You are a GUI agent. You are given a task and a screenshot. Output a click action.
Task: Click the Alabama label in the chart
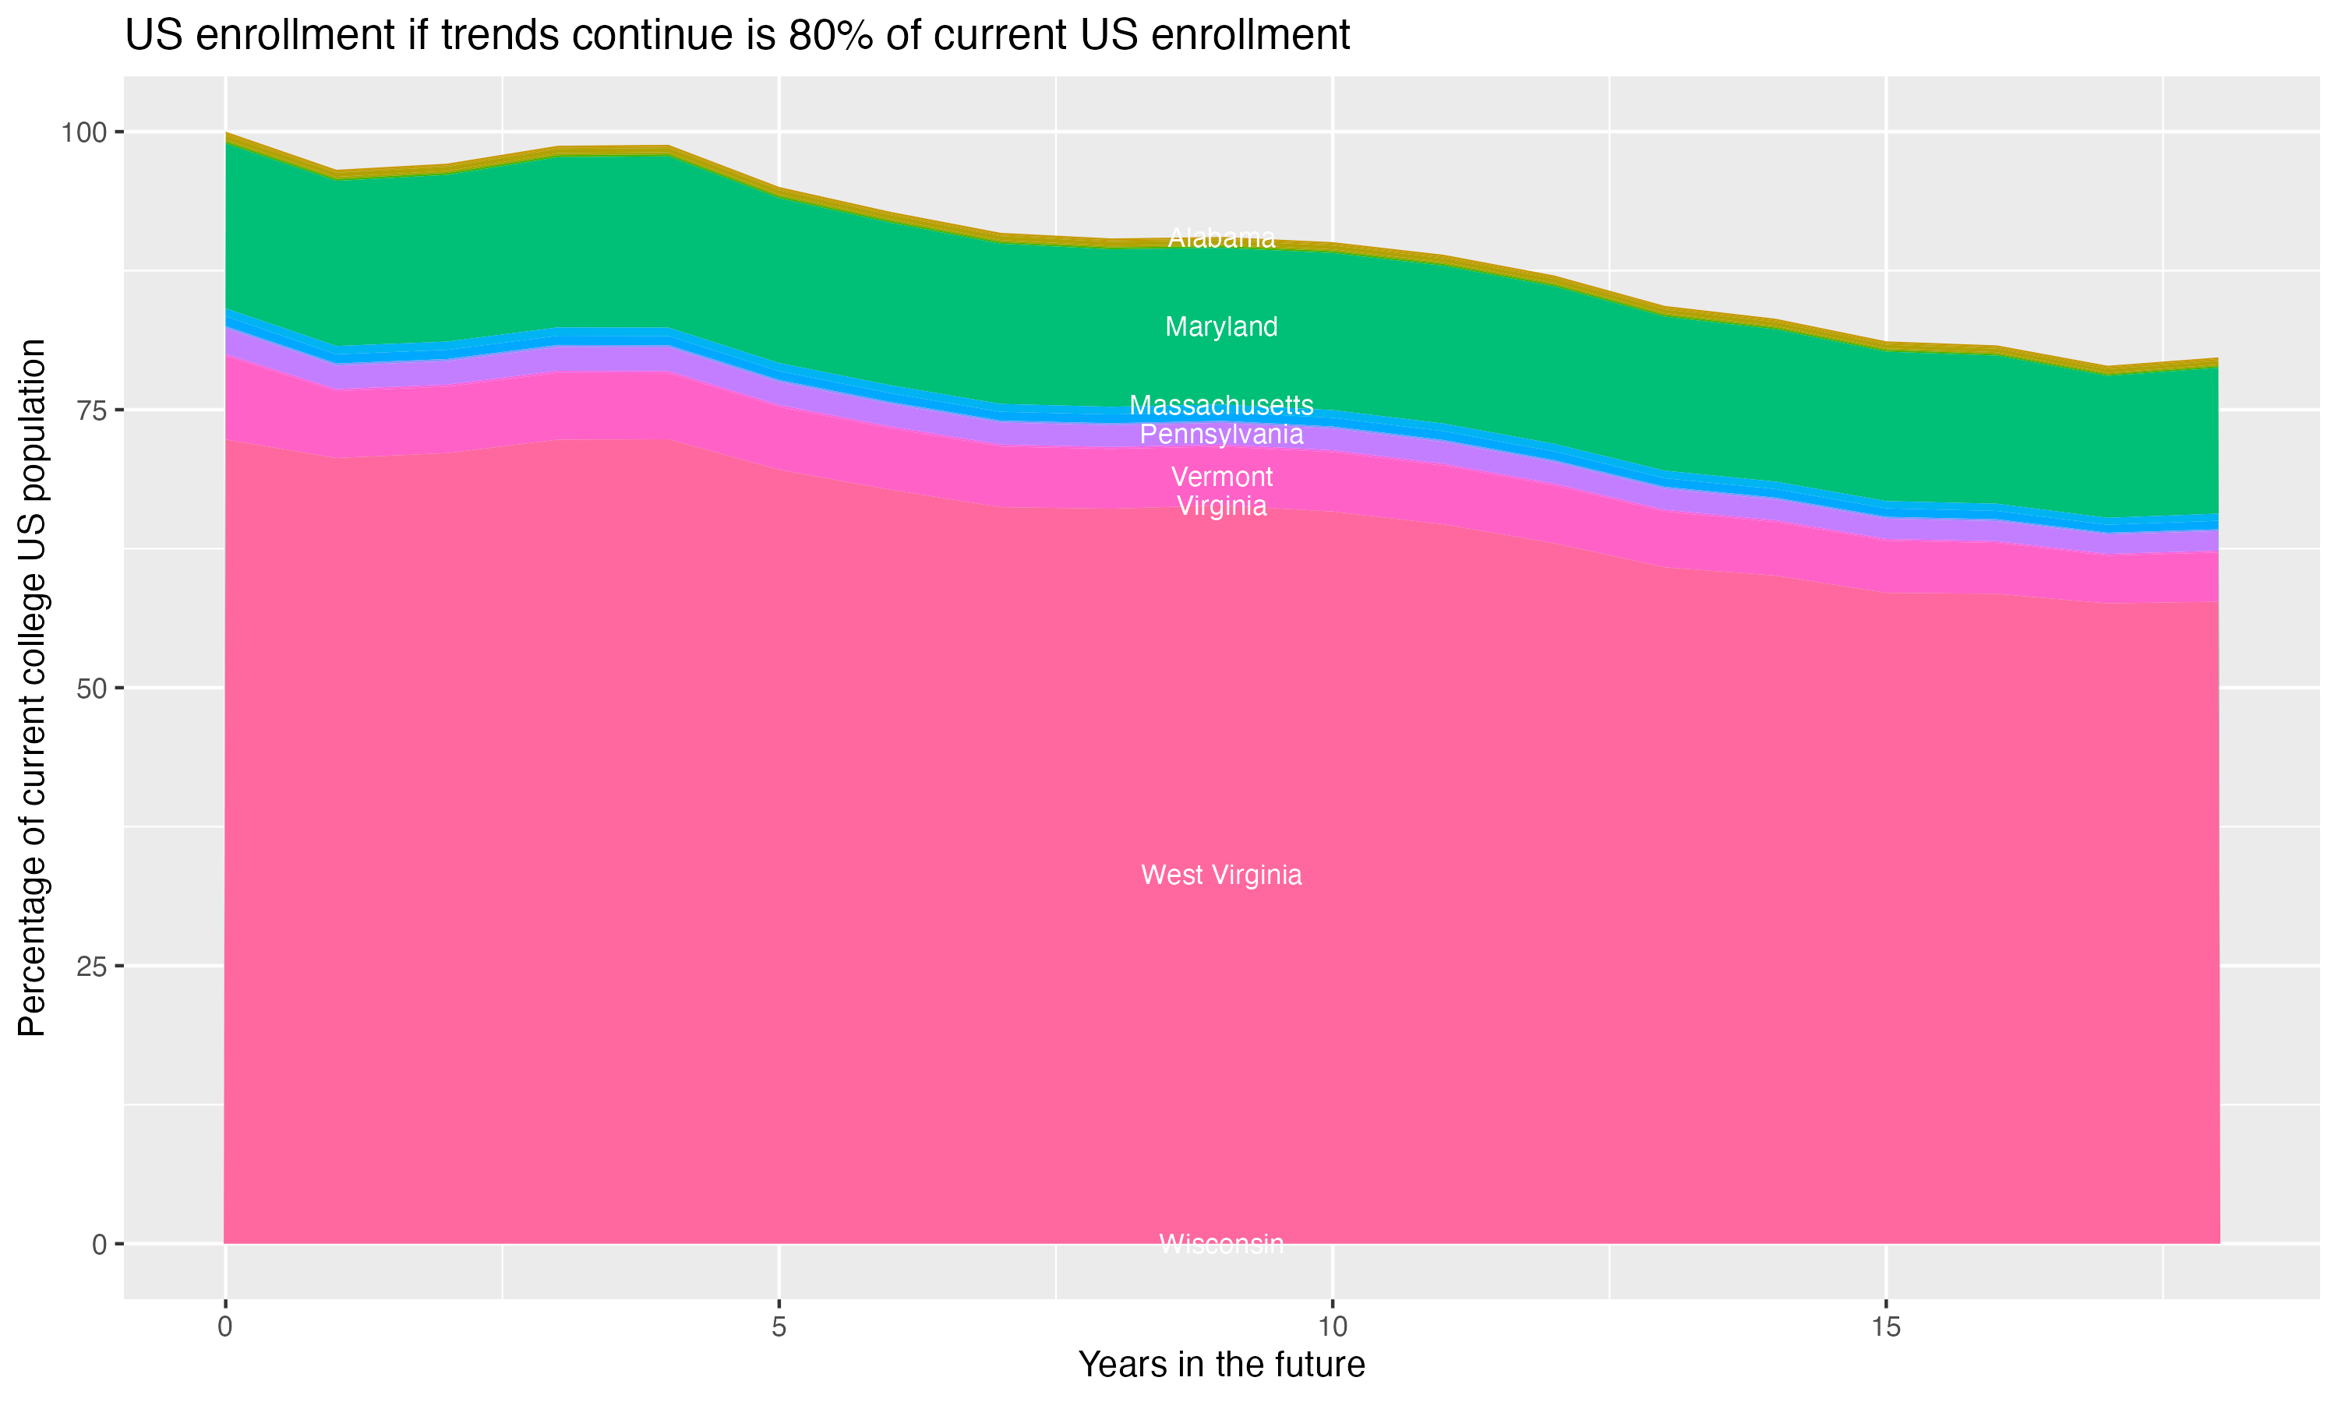click(x=1221, y=238)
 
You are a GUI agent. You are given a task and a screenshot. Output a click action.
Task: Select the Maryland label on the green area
click(x=1221, y=327)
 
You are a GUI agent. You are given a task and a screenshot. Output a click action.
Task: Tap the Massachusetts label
click(x=1221, y=405)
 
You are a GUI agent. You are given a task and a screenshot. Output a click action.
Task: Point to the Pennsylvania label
click(x=1221, y=435)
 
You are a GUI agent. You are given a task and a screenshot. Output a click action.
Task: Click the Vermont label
click(x=1221, y=477)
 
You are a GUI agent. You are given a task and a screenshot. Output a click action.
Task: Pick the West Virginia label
click(x=1221, y=875)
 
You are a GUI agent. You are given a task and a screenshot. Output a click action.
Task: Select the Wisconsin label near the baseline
click(x=1221, y=1243)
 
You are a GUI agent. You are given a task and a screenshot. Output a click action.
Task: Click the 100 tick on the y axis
click(x=83, y=132)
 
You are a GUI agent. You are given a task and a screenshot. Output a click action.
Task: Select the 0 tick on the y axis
click(x=99, y=1244)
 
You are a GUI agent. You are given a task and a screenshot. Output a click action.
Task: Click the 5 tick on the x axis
click(x=779, y=1327)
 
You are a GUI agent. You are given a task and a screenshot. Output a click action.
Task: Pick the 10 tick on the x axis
click(x=1333, y=1327)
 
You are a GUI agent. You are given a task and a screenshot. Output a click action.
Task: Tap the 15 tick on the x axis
click(x=1886, y=1327)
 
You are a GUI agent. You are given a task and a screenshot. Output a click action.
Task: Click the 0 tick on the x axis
click(x=225, y=1327)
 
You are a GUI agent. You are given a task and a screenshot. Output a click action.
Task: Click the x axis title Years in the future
click(x=1221, y=1364)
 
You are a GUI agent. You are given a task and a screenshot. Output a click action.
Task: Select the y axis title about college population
click(x=32, y=688)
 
